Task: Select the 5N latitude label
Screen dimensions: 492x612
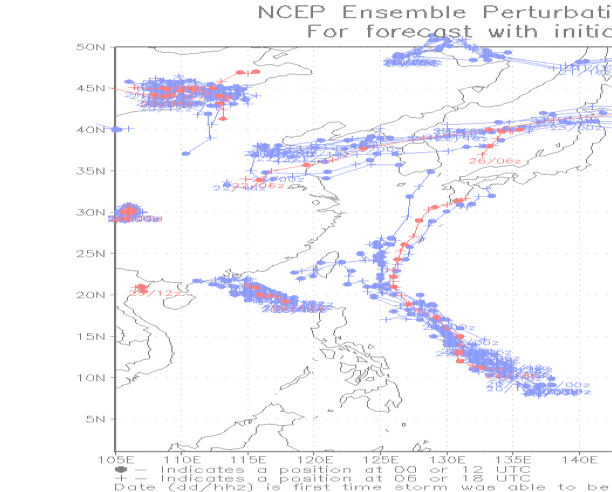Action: click(x=94, y=419)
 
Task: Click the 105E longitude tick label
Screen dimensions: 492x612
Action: click(x=115, y=459)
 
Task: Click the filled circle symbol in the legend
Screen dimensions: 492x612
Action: click(x=121, y=470)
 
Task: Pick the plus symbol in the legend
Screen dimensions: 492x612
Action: click(x=121, y=479)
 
